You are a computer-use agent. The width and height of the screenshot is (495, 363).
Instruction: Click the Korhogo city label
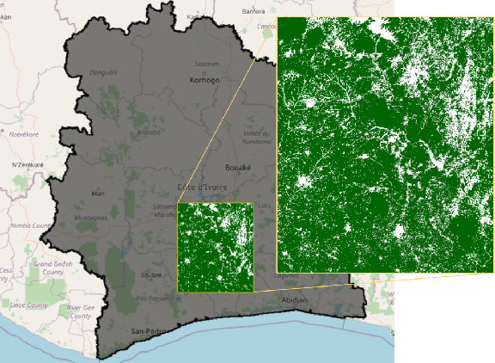tap(205, 80)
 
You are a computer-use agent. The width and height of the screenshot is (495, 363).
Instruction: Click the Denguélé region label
tap(104, 72)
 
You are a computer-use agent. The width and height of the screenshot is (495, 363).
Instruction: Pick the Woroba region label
tap(149, 132)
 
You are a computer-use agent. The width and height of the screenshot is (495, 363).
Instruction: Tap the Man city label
tap(98, 194)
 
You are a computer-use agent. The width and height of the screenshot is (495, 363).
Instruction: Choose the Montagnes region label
tap(91, 218)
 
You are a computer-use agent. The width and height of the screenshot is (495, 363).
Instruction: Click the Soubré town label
tap(151, 275)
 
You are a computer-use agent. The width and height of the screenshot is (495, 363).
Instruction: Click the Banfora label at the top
tap(254, 12)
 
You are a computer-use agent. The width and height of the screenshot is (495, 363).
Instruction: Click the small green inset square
tap(215, 247)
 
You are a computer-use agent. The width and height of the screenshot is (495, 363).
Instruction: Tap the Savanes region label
tap(206, 64)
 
